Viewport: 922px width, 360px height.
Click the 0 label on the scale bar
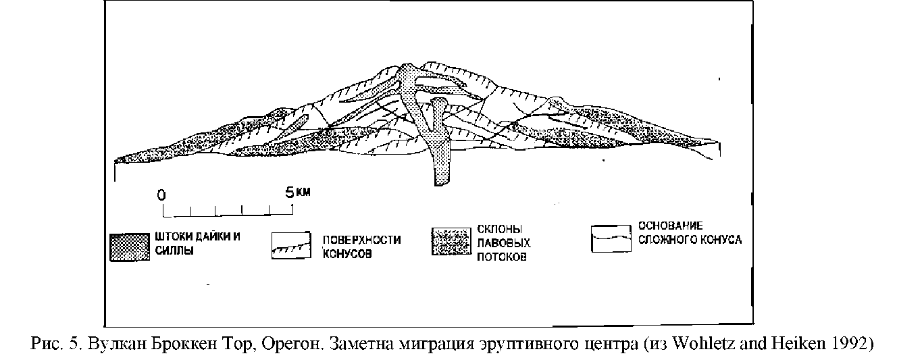tap(161, 194)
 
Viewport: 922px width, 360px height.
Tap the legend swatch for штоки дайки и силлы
tap(129, 247)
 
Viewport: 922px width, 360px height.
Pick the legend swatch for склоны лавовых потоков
tap(452, 242)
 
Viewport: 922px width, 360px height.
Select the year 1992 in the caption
tap(848, 344)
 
